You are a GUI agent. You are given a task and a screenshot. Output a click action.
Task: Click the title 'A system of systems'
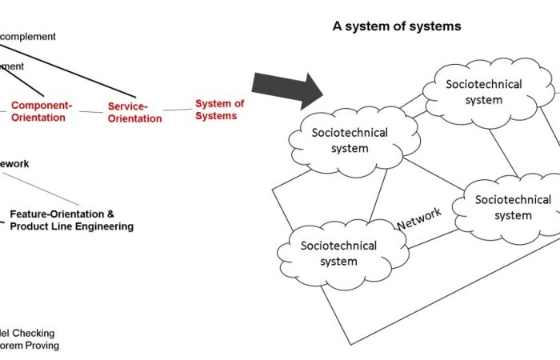[397, 26]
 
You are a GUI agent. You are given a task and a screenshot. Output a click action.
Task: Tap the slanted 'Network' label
[419, 218]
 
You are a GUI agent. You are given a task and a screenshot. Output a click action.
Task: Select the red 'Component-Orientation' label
[42, 111]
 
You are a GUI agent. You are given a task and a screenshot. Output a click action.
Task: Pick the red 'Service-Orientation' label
[134, 112]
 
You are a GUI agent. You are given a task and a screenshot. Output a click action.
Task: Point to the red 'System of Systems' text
[219, 110]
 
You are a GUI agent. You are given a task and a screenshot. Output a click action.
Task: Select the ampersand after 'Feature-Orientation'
[110, 214]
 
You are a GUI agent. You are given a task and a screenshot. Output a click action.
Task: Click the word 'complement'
[30, 36]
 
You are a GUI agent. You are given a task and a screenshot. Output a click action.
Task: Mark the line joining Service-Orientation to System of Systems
[178, 110]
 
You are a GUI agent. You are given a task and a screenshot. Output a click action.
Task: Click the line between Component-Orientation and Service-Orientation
[92, 112]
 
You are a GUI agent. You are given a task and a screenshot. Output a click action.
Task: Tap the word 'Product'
[29, 226]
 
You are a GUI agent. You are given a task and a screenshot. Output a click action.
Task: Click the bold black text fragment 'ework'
[14, 163]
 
